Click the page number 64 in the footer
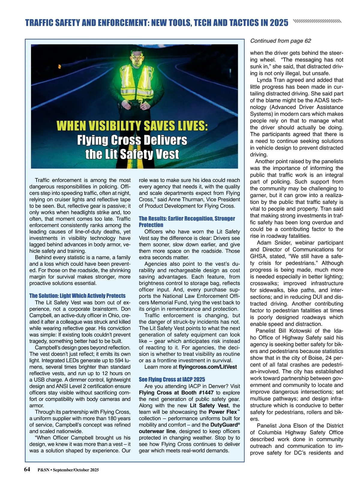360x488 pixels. tap(27, 469)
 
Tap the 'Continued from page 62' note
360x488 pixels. tap(280, 41)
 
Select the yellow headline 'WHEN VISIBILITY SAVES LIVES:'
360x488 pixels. tap(132, 126)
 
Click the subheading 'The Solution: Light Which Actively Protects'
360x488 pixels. tap(77, 296)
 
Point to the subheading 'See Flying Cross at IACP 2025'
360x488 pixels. tap(172, 379)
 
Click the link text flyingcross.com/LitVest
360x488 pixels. tap(208, 367)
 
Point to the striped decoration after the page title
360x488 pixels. tap(317, 21)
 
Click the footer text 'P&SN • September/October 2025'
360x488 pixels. tap(68, 470)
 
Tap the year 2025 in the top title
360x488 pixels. tap(279, 23)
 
